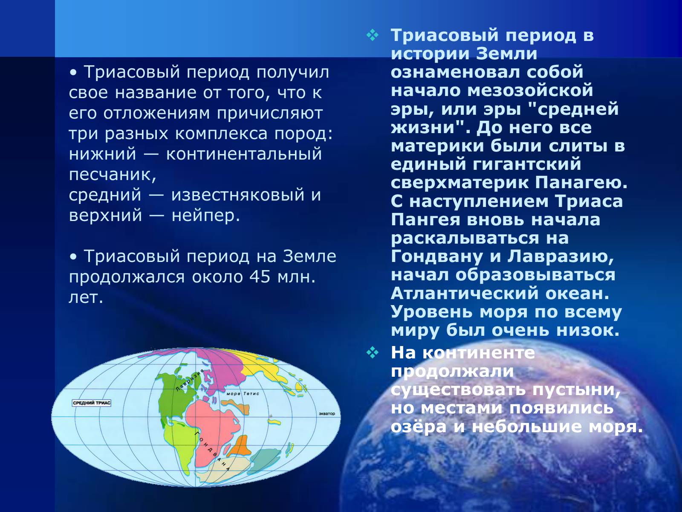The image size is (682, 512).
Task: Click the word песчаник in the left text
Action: coord(113,175)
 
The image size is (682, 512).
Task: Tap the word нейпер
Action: coord(206,215)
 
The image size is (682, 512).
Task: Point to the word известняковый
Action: coord(237,195)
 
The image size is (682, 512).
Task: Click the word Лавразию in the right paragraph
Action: coord(561,257)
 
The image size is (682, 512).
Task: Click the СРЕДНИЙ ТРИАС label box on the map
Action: coord(91,403)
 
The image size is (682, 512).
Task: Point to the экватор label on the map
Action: coord(327,414)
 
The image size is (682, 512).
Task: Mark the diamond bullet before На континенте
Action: coord(373,353)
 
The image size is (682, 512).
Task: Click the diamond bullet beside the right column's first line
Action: coord(373,35)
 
